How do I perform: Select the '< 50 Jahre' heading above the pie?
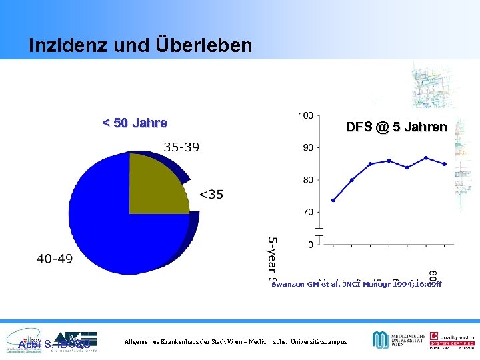[x=134, y=123]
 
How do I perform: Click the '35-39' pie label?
[x=181, y=147]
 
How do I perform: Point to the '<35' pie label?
[x=211, y=195]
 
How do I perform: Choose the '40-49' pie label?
[x=55, y=259]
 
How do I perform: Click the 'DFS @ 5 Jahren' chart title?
[x=396, y=127]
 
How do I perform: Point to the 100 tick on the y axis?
[x=305, y=115]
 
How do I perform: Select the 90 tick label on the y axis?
[x=308, y=147]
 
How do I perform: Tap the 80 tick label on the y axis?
[x=308, y=180]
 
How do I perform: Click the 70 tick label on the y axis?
[x=308, y=212]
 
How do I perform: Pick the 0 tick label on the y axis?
[x=310, y=245]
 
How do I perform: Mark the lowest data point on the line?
[x=333, y=200]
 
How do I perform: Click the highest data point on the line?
[x=426, y=158]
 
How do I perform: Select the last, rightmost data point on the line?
[x=445, y=164]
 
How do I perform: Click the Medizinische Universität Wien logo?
[x=397, y=340]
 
